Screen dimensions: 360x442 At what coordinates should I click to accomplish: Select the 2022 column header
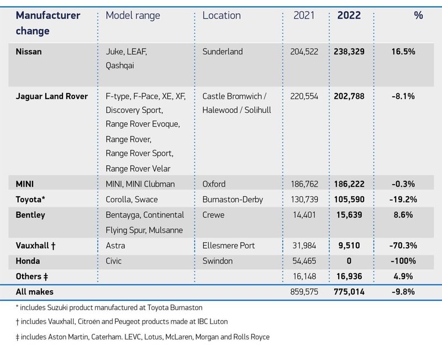point(349,15)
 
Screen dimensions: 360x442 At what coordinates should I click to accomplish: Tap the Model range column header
point(133,15)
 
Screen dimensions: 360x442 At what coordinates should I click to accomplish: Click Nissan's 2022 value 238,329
point(349,52)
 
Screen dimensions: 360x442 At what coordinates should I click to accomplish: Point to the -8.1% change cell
point(403,96)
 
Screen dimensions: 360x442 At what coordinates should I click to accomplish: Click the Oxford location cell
point(214,184)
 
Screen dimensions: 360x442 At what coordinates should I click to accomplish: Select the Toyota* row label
point(31,199)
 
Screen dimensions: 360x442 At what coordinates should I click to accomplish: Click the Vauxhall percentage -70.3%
point(403,246)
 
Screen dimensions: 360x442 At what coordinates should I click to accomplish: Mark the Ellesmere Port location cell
point(229,246)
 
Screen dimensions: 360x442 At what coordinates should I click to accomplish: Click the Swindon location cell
point(217,261)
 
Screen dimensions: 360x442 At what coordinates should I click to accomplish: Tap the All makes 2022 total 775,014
point(349,291)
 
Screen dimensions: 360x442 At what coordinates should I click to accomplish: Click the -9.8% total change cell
point(403,291)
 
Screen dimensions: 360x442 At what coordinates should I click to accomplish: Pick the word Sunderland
point(223,52)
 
